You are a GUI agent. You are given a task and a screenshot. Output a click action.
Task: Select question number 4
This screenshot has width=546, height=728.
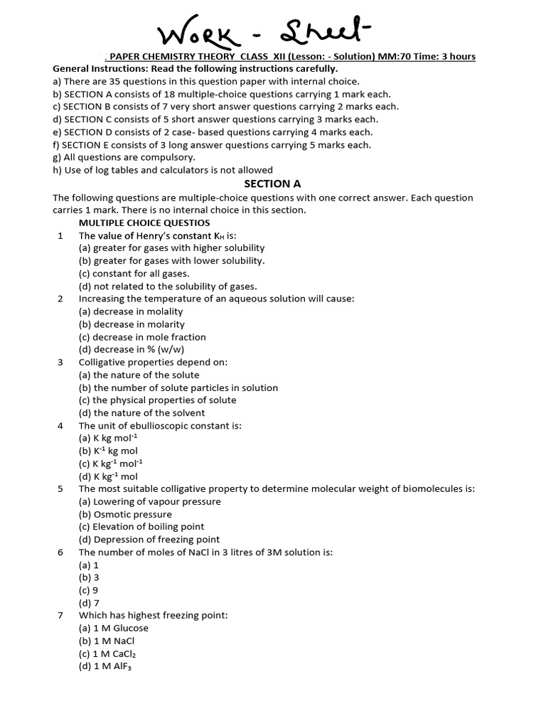pos(60,425)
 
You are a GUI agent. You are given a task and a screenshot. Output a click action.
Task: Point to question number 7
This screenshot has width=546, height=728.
pos(60,615)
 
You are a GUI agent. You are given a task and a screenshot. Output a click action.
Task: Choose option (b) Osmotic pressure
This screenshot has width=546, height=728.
pos(125,514)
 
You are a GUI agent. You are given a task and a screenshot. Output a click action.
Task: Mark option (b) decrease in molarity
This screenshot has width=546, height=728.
pos(132,324)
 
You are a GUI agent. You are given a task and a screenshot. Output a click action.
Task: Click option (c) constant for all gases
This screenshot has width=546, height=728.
pos(134,273)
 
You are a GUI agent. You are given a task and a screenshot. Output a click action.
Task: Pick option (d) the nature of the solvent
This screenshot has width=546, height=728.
pos(141,412)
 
